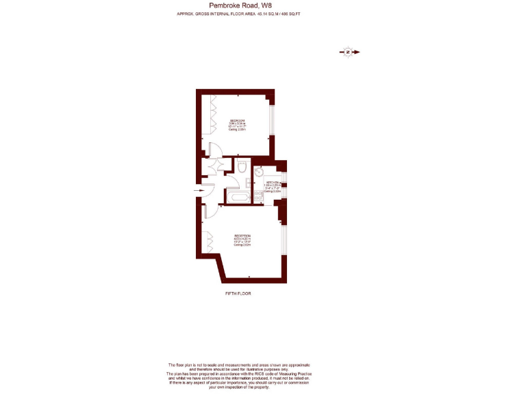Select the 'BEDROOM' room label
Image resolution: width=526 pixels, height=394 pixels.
(x=237, y=120)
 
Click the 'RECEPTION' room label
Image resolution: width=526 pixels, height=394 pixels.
(x=242, y=235)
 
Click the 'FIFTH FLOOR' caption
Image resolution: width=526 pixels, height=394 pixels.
(x=238, y=293)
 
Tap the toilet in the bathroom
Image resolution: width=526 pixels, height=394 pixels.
(x=242, y=167)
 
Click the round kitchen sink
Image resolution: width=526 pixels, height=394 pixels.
(x=260, y=172)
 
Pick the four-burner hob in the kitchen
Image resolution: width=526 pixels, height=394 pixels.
(x=258, y=197)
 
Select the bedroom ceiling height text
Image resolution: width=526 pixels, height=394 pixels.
(x=237, y=129)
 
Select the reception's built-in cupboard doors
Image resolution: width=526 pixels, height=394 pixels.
(x=208, y=243)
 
